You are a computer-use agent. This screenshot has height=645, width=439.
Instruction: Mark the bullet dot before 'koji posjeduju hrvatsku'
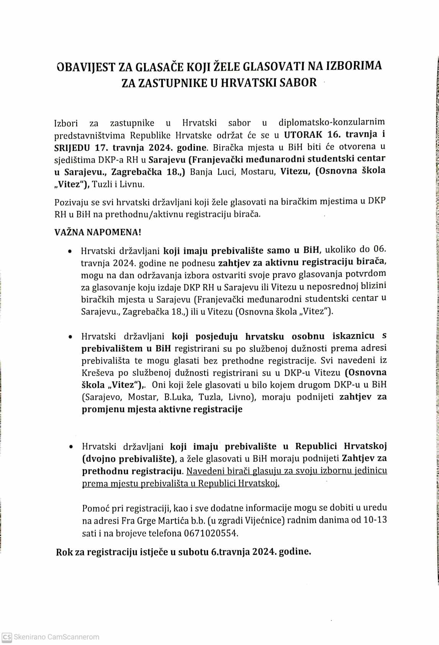pos(70,338)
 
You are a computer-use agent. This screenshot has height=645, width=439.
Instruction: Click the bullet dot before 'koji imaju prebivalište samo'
pos(70,252)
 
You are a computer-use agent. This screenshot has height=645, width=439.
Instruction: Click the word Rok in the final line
pos(63,552)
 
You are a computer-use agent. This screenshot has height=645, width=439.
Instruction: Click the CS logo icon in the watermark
pos(7,637)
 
